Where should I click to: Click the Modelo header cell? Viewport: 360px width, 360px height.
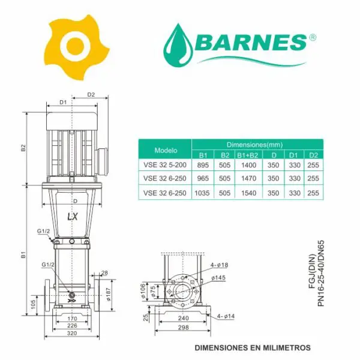tap(166, 151)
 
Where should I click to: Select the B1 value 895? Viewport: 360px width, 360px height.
tap(203, 165)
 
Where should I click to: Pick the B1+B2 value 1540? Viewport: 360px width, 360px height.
tap(248, 193)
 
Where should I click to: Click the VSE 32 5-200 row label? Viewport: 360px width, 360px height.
tap(165, 165)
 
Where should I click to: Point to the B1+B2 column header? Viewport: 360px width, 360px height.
tap(247, 155)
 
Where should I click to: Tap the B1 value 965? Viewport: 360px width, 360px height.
tap(203, 178)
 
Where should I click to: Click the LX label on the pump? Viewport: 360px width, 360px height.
tap(73, 217)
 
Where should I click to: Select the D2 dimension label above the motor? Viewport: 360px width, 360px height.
tap(91, 95)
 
